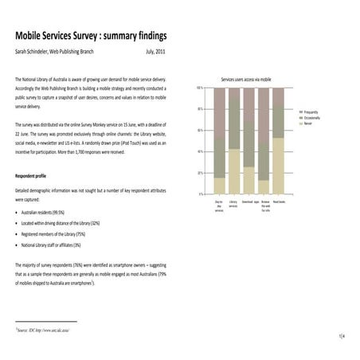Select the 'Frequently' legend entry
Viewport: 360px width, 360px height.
pyautogui.click(x=310, y=112)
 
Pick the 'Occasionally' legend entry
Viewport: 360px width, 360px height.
pyautogui.click(x=311, y=118)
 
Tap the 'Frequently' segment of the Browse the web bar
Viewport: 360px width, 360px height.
pyautogui.click(x=263, y=107)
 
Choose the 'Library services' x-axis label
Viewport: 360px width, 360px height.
pyautogui.click(x=233, y=205)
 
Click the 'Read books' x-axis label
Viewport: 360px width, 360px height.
pyautogui.click(x=278, y=202)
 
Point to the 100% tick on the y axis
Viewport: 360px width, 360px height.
pyautogui.click(x=199, y=87)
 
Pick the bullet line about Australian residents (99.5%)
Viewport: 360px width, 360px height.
pyautogui.click(x=55, y=213)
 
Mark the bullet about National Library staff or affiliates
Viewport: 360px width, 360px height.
pyautogui.click(x=66, y=247)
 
